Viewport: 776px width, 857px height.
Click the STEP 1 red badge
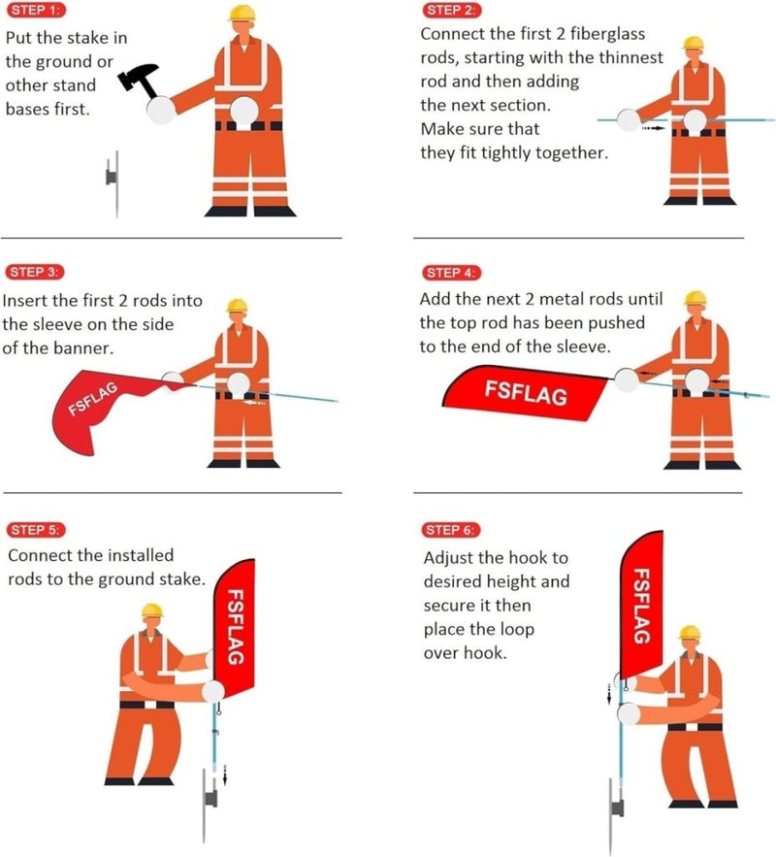point(37,10)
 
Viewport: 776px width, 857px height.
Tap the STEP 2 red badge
point(452,10)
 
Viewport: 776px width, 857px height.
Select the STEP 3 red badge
point(35,272)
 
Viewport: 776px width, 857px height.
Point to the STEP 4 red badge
point(452,273)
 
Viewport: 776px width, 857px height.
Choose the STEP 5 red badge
point(36,530)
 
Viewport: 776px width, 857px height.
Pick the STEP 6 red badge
point(451,530)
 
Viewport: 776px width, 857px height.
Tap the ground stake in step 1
point(113,184)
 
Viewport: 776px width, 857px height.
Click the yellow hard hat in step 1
point(242,14)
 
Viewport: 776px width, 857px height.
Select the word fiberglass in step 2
point(608,34)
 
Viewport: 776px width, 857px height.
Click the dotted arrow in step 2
point(653,128)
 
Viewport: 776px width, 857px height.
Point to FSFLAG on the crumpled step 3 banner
point(93,399)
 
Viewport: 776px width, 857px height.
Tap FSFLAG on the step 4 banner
point(526,393)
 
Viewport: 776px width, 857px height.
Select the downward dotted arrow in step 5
point(225,775)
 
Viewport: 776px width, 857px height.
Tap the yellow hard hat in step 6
point(690,634)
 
